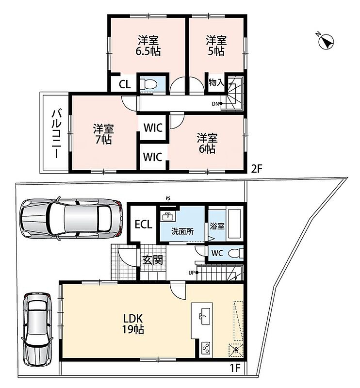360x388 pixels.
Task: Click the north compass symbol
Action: [326, 41]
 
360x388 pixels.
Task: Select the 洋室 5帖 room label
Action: [216, 46]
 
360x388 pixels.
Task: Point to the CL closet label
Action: [125, 84]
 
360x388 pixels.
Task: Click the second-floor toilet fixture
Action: [148, 84]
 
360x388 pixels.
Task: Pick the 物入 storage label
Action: [216, 82]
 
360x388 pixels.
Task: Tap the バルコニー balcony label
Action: [56, 134]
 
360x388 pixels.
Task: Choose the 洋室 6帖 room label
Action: [207, 144]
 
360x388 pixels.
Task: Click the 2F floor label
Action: [256, 169]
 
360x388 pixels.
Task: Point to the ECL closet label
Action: [143, 225]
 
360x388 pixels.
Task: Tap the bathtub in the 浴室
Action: [234, 224]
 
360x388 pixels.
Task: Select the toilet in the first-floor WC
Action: [235, 253]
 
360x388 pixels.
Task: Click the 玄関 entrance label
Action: [152, 260]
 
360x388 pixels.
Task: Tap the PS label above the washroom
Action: [168, 198]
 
